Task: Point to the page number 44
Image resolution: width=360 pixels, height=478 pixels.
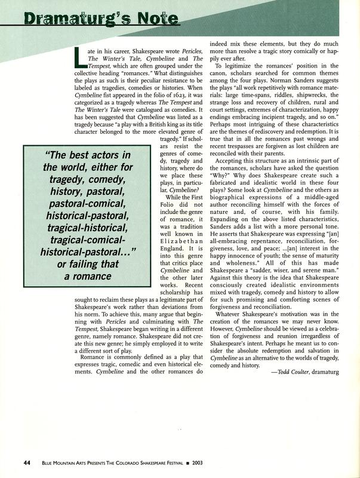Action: click(27, 462)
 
